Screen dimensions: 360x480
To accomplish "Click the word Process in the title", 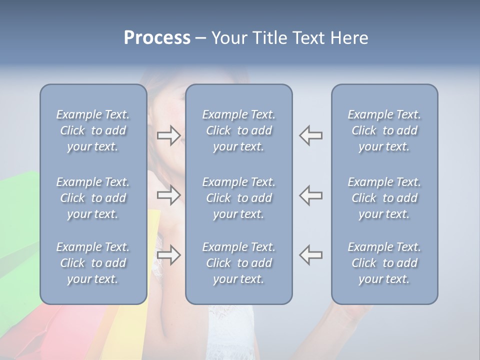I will (157, 38).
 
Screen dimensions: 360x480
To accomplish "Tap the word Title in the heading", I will (269, 38).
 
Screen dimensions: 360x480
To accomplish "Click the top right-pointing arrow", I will (168, 135).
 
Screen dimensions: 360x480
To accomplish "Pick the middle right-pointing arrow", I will (168, 195).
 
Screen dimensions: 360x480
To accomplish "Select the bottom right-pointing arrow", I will (168, 255).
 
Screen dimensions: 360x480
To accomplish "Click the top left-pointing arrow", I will (311, 135).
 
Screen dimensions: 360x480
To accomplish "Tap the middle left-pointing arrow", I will (311, 195).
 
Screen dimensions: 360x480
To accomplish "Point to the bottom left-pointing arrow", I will (311, 255).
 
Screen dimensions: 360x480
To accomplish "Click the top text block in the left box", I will (93, 130).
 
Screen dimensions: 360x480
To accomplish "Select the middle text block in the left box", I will (93, 198).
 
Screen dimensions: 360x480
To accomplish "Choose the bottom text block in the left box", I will (93, 263).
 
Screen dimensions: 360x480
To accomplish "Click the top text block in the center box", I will (239, 130).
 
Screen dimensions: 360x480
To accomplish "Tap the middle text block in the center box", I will (239, 198).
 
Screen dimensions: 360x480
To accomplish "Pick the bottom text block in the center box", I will (239, 263).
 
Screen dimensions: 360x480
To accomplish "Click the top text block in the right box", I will (384, 130).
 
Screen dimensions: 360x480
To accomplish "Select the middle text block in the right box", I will (384, 198).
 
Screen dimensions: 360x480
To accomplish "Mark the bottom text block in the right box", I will (384, 263).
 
